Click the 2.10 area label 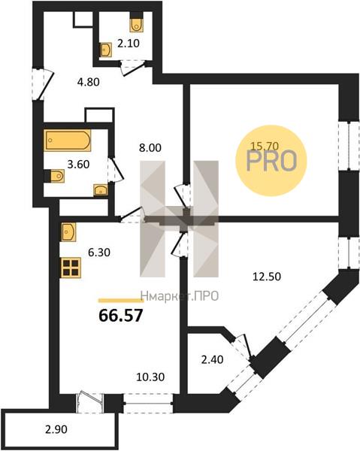coord(129,44)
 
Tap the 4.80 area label coord(89,82)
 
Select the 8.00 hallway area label coord(150,148)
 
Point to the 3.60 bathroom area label coord(78,165)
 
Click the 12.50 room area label coord(267,277)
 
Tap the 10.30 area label coord(150,377)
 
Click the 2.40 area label coord(212,359)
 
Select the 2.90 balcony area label coord(56,429)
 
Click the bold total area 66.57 coord(121,316)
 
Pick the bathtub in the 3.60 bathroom coord(68,141)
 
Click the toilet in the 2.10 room coord(136,23)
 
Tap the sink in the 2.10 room coord(105,50)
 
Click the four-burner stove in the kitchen coord(71,268)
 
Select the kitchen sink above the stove coord(68,232)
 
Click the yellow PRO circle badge coord(271,161)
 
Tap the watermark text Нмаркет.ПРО coord(180,296)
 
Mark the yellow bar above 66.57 coord(121,301)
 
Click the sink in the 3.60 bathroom coord(101,190)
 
